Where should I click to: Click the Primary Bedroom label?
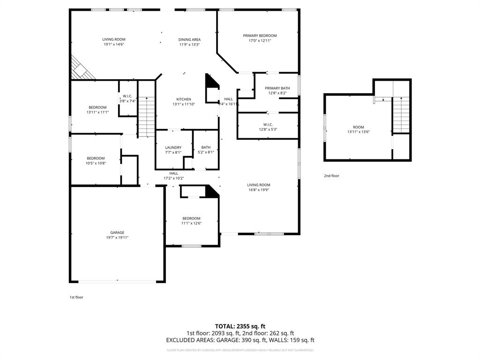[x=260, y=36]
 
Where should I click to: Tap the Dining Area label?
[x=189, y=40]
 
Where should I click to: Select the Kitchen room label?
[x=183, y=99]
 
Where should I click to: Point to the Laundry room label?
[x=173, y=147]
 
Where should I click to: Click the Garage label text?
[x=117, y=232]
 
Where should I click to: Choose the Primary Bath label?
[x=277, y=88]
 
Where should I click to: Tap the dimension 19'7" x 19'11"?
[x=117, y=238]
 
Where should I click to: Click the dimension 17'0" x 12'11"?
[x=260, y=41]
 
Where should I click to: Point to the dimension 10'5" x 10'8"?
[x=96, y=163]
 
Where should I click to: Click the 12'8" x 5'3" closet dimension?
[x=268, y=129]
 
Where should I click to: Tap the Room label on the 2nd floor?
[x=358, y=127]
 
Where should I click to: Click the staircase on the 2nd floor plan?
[x=401, y=115]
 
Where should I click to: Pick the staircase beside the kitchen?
[x=146, y=117]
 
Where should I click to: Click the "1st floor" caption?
[x=76, y=297]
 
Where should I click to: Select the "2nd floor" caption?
[x=331, y=176]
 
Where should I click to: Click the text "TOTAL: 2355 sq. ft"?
[x=240, y=326]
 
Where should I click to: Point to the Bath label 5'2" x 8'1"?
[x=206, y=147]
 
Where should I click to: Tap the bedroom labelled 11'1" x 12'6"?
[x=191, y=218]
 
